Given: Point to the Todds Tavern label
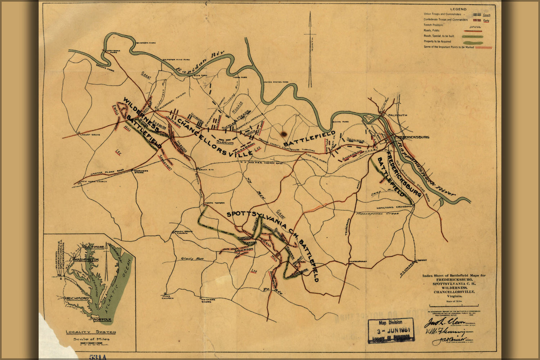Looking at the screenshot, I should (214, 203).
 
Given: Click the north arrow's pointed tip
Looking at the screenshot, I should (310, 13).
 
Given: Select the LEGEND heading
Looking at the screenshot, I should (458, 9).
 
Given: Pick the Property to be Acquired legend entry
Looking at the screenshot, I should (437, 41).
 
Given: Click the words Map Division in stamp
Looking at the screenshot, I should (391, 323).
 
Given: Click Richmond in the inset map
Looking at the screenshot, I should (77, 298).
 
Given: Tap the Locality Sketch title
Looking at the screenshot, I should (91, 332).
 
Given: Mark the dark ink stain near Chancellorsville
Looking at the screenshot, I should (284, 134).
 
